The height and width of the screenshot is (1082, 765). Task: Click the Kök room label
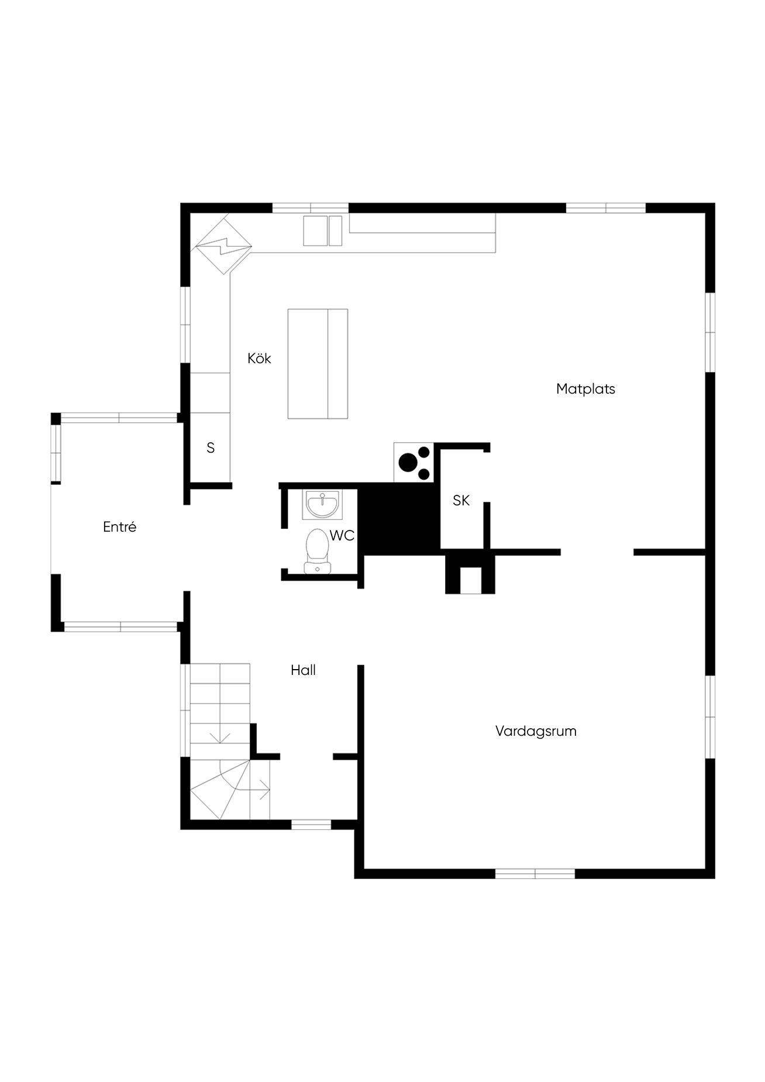point(259,358)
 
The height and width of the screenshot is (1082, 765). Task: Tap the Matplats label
point(585,389)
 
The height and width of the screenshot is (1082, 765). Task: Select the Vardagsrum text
point(536,731)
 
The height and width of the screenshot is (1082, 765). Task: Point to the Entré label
point(119,526)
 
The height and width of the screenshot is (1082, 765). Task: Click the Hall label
point(303,670)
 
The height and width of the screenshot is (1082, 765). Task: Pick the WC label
point(342,535)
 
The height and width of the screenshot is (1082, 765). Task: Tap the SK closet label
point(461,501)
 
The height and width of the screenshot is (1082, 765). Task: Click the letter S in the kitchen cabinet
point(211,448)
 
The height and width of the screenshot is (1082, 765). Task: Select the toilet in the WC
point(318,550)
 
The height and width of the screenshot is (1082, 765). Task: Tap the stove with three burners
point(413,463)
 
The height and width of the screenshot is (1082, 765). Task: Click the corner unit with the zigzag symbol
point(223,245)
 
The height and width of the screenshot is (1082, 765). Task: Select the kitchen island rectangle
point(318,364)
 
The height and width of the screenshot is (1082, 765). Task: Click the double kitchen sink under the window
point(322,230)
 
